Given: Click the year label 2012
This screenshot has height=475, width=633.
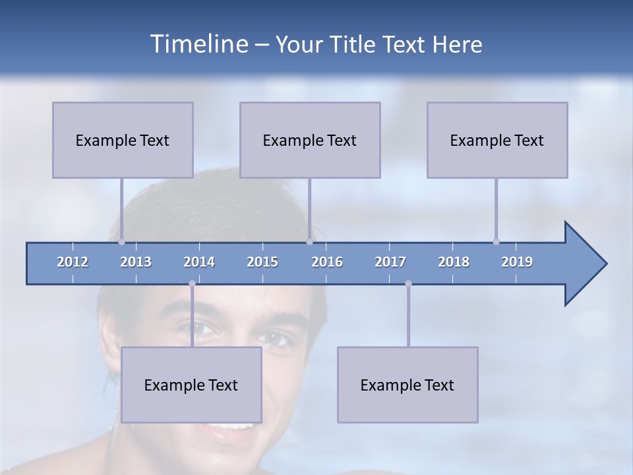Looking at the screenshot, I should pyautogui.click(x=73, y=262).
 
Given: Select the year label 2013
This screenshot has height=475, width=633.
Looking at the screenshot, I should pyautogui.click(x=136, y=262).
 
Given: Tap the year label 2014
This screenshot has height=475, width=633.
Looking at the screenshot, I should pyautogui.click(x=199, y=262).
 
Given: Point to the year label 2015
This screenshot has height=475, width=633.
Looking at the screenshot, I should pyautogui.click(x=262, y=262).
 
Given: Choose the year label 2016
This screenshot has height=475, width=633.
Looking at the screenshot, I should pyautogui.click(x=327, y=262).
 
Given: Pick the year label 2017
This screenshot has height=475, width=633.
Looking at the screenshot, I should pyautogui.click(x=390, y=262).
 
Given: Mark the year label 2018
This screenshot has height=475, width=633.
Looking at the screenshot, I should pyautogui.click(x=454, y=262).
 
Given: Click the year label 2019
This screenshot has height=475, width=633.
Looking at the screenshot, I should pyautogui.click(x=517, y=262).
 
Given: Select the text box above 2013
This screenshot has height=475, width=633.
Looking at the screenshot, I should pyautogui.click(x=123, y=140).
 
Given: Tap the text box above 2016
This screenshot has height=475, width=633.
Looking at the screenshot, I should pyautogui.click(x=310, y=140).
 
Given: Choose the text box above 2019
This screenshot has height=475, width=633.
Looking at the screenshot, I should pyautogui.click(x=497, y=140).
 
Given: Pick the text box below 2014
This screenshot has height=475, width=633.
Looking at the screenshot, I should pyautogui.click(x=191, y=385).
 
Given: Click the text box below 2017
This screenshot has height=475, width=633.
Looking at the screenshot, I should pyautogui.click(x=407, y=385).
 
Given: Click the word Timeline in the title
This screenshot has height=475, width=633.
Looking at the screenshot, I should pyautogui.click(x=198, y=44).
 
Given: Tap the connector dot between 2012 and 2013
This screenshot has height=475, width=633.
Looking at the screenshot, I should pyautogui.click(x=121, y=241).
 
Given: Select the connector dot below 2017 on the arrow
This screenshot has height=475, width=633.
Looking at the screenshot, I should pyautogui.click(x=408, y=284).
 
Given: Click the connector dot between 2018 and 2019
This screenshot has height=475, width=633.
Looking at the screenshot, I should pyautogui.click(x=496, y=241).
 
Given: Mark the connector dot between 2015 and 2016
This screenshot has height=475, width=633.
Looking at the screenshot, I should pyautogui.click(x=309, y=241).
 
